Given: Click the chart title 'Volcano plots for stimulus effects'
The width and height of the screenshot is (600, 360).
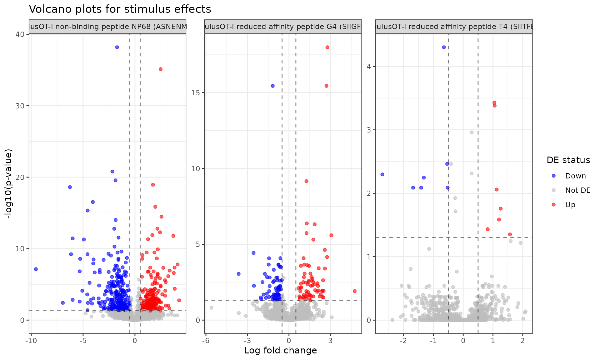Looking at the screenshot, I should (120, 9).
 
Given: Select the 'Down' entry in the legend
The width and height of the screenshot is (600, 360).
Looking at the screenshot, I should (575, 176).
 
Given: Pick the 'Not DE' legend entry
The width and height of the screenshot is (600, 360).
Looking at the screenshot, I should (577, 190).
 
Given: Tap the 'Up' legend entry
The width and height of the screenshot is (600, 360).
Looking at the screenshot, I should (570, 205).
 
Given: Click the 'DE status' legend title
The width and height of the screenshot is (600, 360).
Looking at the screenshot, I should (568, 160).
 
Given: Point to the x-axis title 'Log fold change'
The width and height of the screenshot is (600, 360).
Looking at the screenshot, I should (280, 350).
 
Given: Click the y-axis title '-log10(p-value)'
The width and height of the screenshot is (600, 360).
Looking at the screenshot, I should (8, 184).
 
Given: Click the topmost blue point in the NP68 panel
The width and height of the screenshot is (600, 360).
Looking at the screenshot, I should (117, 47).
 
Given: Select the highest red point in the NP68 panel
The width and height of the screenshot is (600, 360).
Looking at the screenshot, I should (161, 69).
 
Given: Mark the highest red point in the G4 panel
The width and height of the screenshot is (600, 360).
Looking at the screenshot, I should (327, 47).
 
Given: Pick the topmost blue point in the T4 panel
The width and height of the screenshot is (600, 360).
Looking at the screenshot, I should (444, 47).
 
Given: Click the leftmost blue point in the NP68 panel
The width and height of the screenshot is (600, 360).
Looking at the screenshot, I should (36, 269).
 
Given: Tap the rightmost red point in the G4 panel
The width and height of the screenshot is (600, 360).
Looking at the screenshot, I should (354, 291).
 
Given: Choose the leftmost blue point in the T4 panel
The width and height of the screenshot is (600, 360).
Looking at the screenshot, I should (382, 174).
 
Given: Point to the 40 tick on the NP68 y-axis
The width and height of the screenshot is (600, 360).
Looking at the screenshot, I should (20, 34).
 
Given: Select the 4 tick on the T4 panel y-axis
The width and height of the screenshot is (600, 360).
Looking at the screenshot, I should (369, 67).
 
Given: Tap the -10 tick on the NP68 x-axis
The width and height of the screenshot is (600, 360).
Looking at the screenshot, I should (31, 340).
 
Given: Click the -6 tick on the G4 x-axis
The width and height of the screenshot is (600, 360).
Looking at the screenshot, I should (206, 340).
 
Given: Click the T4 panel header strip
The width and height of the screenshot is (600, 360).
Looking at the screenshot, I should (454, 27).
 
